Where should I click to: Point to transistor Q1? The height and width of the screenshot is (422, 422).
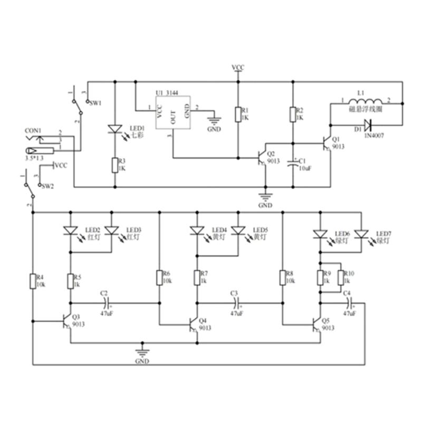click(327, 141)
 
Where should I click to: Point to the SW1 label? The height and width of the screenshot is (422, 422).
click(95, 103)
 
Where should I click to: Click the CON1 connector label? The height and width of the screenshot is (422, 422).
click(34, 130)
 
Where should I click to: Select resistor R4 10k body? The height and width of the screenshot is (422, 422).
click(33, 282)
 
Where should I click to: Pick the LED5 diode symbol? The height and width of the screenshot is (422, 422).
click(239, 231)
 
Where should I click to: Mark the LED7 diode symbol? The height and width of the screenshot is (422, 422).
click(361, 233)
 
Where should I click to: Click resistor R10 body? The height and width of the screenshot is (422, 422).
click(341, 277)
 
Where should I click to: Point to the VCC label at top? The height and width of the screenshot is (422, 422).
click(238, 68)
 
